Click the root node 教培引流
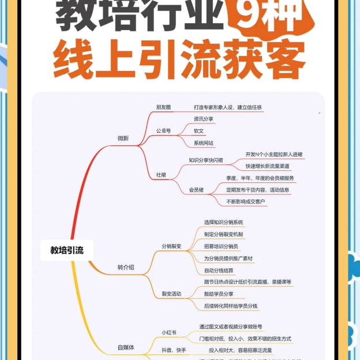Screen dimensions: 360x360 (67, 250)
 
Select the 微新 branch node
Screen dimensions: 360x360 (123, 138)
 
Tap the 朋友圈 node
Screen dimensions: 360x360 (163, 107)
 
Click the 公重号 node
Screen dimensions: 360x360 (163, 131)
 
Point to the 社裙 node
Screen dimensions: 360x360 (161, 174)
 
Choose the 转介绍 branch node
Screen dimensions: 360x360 (126, 267)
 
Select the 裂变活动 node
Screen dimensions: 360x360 (171, 294)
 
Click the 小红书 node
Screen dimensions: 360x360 (169, 332)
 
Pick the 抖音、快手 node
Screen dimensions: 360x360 (174, 350)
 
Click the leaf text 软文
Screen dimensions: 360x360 (199, 131)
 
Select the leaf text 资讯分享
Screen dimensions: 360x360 (204, 119)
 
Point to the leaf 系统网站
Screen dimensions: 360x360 (204, 143)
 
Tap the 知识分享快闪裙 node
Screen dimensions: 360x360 (206, 160)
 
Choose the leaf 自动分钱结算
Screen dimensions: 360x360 (219, 270)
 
